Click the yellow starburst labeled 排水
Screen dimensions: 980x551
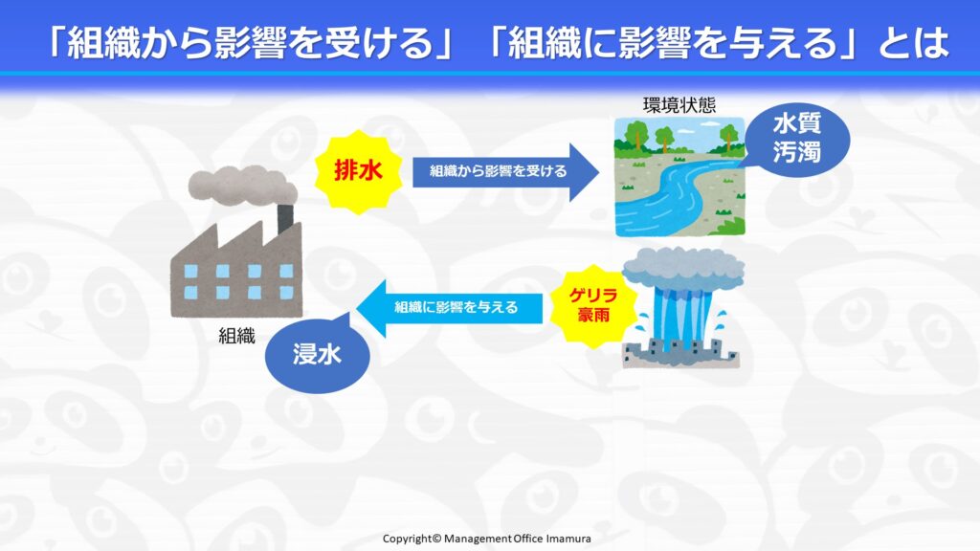[x=358, y=171]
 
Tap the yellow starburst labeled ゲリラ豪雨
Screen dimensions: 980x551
[x=593, y=305]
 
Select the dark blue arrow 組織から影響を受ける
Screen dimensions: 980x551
[x=505, y=172]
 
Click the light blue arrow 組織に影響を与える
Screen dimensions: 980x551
[x=450, y=308]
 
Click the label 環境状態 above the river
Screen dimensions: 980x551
[x=679, y=105]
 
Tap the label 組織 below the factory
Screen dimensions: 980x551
[x=237, y=336]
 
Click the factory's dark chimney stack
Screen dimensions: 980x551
[x=285, y=219]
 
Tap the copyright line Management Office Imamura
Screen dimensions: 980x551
[x=486, y=539]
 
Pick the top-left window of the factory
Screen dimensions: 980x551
[x=191, y=271]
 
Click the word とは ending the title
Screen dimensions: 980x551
[x=913, y=42]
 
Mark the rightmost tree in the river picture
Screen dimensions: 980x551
[x=728, y=135]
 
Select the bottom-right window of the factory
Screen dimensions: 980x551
[x=286, y=293]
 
